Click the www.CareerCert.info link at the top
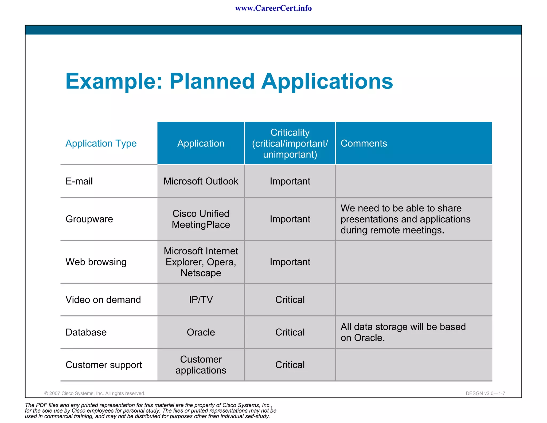273,8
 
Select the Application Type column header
101,144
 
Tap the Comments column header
364,144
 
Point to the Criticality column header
290,144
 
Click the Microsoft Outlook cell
201,181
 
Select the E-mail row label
79,181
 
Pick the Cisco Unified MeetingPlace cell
201,219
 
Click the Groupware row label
89,219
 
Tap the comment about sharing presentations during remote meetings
405,219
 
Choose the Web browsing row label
96,262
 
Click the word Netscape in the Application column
201,273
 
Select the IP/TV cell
201,300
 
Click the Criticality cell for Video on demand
290,300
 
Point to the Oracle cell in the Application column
201,332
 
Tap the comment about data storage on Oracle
403,332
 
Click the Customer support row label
104,365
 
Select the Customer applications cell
201,365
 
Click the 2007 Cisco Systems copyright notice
95,393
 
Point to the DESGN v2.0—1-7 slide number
485,393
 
